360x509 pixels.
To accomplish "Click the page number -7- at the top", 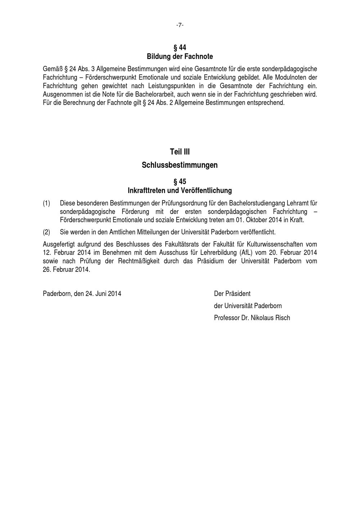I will (x=180, y=25).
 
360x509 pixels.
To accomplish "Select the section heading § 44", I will (x=180, y=48).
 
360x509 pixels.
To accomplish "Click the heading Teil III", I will (x=180, y=152).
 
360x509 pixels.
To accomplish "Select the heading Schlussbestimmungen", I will (x=180, y=165).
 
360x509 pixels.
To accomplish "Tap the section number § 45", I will (x=180, y=181).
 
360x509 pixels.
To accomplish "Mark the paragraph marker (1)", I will (x=46, y=203).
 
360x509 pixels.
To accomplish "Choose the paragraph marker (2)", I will (x=46, y=232).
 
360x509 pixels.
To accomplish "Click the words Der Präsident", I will (x=232, y=294).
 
